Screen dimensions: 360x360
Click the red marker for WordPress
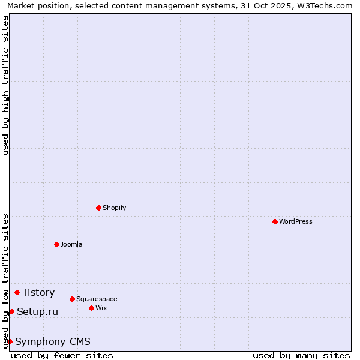coord(275,221)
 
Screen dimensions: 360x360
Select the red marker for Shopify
coord(98,208)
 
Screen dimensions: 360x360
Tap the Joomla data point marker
coord(56,244)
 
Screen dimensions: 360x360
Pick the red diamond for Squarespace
coord(72,299)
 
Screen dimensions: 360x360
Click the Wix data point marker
coord(91,308)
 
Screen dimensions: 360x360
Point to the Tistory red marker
coord(17,292)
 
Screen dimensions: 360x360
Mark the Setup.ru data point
coord(11,311)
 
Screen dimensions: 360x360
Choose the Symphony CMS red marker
coord(10,341)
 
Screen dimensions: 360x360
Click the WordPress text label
coord(296,221)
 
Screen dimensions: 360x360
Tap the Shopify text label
coord(115,208)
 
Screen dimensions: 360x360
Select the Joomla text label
coord(71,244)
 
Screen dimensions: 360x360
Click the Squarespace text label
coord(97,299)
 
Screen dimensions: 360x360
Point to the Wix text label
coord(101,308)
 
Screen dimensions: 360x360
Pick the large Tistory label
coord(38,292)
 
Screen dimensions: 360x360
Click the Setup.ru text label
coord(37,311)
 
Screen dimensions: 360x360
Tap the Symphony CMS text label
coord(53,341)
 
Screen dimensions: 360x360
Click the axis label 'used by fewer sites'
coord(62,355)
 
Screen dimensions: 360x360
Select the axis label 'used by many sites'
coord(301,355)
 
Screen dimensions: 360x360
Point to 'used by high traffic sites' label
coord(5,85)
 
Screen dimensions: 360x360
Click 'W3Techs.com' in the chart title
coord(322,5)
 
